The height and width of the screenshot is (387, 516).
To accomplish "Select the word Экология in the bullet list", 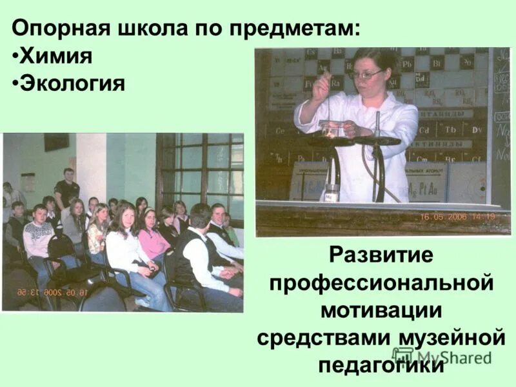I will [x=72, y=83].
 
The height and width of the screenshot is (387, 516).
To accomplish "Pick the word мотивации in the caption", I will [x=381, y=310].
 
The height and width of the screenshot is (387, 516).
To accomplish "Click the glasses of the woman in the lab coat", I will [x=366, y=75].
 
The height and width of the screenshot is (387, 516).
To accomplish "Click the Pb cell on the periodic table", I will [x=407, y=64].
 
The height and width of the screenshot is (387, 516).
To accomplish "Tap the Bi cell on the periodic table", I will [x=436, y=64].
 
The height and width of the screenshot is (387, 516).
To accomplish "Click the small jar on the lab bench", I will [x=331, y=194].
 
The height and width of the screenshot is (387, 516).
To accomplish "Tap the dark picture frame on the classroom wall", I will [x=56, y=142].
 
